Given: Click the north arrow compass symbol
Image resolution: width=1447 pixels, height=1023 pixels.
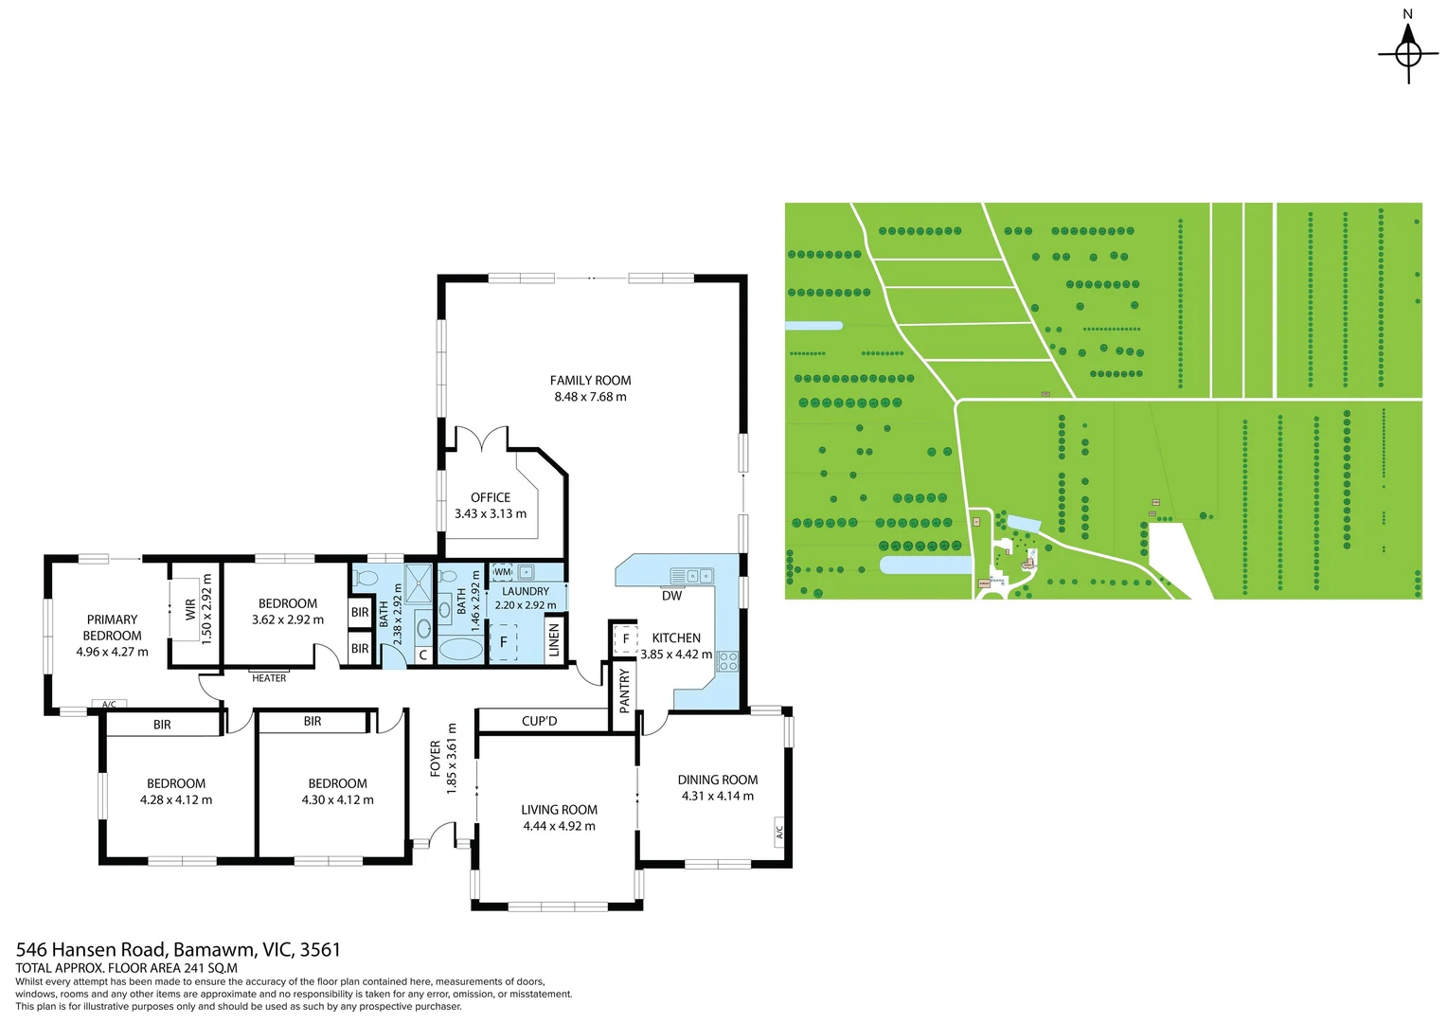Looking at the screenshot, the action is coord(1408,54).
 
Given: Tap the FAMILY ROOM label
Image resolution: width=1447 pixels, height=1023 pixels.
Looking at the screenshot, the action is coord(590,381).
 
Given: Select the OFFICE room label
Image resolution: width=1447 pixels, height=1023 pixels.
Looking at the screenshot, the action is coord(491,497).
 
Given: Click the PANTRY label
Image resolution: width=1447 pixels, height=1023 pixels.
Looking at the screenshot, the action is coord(624,691).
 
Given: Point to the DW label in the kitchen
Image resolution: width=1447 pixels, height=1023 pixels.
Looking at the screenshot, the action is coord(671,596).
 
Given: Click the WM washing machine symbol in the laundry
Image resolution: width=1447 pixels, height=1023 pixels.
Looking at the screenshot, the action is coord(503,572).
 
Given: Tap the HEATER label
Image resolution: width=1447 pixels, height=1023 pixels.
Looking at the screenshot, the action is coord(269,678).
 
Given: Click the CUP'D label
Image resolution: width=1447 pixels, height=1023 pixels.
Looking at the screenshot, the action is coord(540,721).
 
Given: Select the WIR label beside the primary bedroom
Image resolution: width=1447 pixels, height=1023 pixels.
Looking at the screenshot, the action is coord(190,609).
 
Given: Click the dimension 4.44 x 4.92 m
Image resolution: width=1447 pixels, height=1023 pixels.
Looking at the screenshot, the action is coord(559,826).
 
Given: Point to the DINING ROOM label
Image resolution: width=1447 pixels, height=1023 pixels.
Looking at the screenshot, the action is coord(718,780).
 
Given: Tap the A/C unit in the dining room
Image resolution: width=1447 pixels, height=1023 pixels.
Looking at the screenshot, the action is coord(779,831).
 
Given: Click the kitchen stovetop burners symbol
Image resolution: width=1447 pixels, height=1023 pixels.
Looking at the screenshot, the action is coord(727,661).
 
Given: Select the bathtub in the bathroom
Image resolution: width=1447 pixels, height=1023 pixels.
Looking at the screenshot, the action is coord(460,649).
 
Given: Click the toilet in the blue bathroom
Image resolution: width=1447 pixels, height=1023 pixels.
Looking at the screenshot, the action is coord(365,578).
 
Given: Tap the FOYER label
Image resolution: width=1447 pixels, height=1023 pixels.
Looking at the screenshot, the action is coord(436,759).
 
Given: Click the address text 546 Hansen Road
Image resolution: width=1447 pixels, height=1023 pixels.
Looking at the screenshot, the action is coord(93,949).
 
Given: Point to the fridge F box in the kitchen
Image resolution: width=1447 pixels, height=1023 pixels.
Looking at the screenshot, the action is coord(625,639).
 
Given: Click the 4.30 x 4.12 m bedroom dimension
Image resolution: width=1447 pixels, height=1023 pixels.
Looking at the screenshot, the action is coord(337,799).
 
